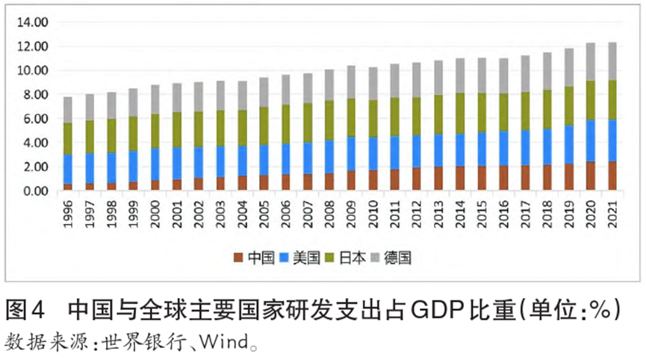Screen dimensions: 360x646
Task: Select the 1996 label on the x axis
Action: pyautogui.click(x=68, y=214)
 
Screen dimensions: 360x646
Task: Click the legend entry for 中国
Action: pyautogui.click(x=255, y=258)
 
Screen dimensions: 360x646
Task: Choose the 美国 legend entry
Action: pyautogui.click(x=300, y=258)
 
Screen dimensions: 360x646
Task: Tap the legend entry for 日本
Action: pyautogui.click(x=345, y=258)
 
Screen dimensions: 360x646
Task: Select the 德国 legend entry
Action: pyautogui.click(x=391, y=258)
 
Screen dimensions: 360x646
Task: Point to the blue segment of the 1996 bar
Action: pyautogui.click(x=68, y=169)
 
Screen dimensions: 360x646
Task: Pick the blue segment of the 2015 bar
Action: pyautogui.click(x=482, y=149)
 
